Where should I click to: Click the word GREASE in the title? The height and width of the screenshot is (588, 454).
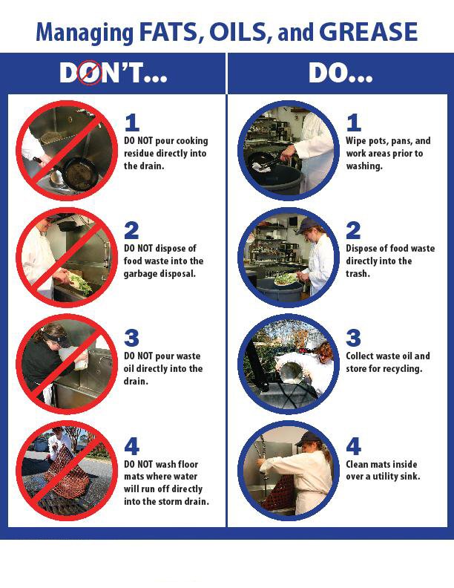[369, 32]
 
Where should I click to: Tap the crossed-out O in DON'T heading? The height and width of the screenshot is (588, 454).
[90, 73]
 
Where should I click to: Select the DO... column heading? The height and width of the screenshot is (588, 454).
[340, 73]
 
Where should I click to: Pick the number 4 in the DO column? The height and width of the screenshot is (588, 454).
[354, 446]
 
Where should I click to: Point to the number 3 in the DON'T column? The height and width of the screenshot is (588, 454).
[131, 339]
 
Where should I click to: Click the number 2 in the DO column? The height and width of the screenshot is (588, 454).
[354, 231]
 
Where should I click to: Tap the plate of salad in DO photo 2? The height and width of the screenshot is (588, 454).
[285, 280]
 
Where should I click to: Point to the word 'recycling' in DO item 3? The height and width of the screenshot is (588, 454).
[401, 369]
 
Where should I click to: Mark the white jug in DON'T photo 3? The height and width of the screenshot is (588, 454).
[79, 361]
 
